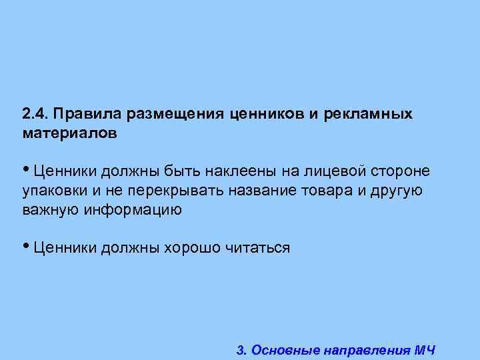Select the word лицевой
tap(331, 172)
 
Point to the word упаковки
tap(53, 191)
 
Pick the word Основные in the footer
tap(284, 349)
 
